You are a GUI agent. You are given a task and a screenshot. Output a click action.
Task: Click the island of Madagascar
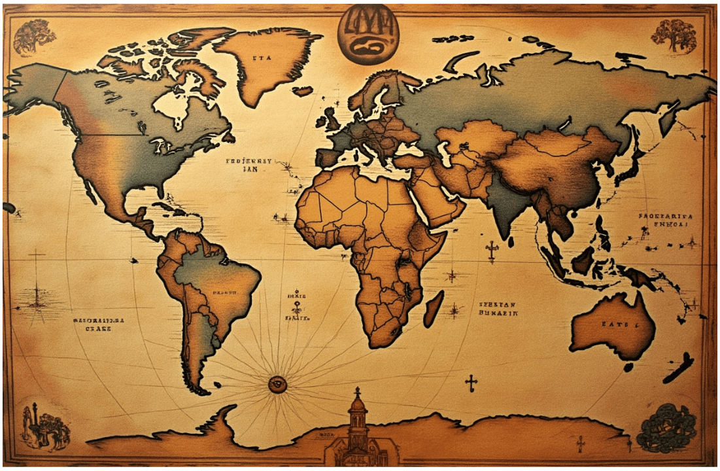coord(433,308)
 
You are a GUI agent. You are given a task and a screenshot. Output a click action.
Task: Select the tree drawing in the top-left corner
coord(34,37)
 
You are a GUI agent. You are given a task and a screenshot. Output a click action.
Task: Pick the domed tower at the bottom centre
coord(357,419)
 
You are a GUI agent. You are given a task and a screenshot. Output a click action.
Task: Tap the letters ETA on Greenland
coord(262,58)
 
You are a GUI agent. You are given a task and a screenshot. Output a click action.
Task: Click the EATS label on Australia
coord(615,324)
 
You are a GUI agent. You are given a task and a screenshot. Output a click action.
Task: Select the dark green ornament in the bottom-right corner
coord(667,428)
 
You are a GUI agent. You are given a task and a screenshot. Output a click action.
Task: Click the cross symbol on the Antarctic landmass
coord(580,444)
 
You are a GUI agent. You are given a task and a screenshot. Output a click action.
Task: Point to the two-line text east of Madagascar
coord(498,309)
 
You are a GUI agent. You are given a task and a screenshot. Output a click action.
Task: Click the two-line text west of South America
coord(98,324)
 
